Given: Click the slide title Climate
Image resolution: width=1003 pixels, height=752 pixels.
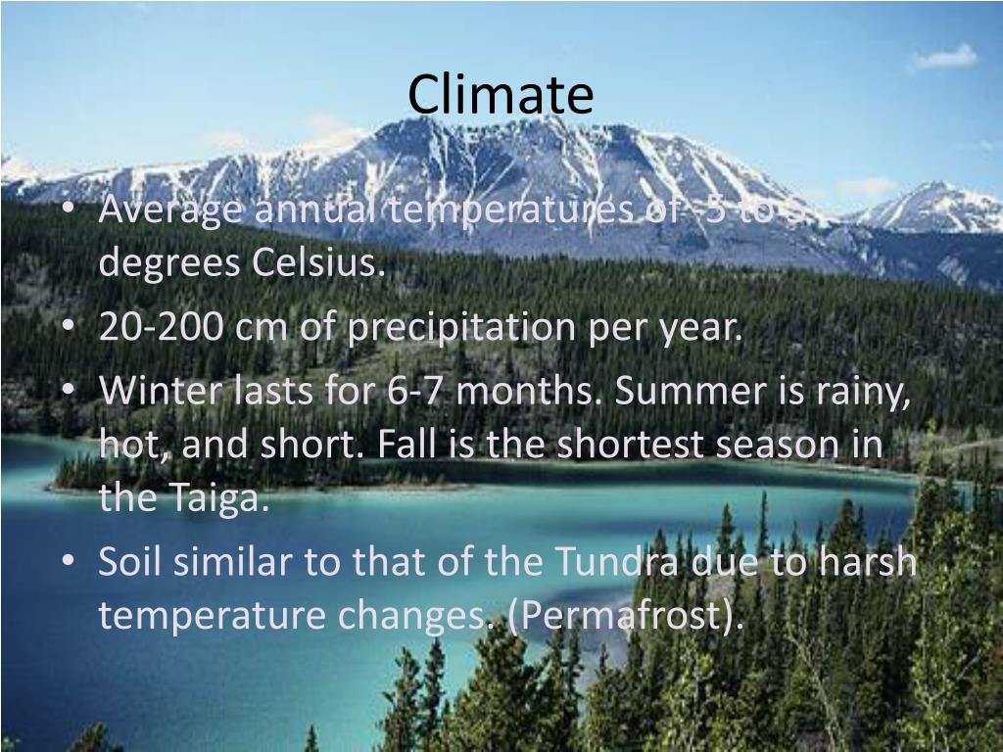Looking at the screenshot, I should (x=501, y=95).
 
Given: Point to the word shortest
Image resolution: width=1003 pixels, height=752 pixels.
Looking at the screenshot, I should (x=631, y=446).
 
